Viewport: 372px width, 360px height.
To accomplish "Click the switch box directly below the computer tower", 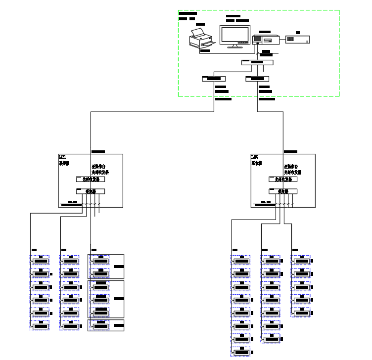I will pyautogui.click(x=257, y=62).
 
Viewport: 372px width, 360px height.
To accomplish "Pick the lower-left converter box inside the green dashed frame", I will pyautogui.click(x=214, y=78).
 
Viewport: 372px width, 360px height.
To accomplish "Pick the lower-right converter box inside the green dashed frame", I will pyautogui.click(x=257, y=78).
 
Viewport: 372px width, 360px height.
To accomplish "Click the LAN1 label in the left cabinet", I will pyautogui.click(x=62, y=157).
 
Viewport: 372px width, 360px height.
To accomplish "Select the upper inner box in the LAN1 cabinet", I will pyautogui.click(x=91, y=179).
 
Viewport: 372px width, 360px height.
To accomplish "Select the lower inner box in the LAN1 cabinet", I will pyautogui.click(x=91, y=191).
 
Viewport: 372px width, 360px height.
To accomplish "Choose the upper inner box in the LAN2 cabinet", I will pyautogui.click(x=283, y=179).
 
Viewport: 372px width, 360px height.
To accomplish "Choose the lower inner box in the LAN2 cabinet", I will pyautogui.click(x=283, y=191).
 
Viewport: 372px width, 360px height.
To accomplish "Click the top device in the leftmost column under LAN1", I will pyautogui.click(x=40, y=261).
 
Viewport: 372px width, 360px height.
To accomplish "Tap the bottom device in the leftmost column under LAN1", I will pyautogui.click(x=40, y=326).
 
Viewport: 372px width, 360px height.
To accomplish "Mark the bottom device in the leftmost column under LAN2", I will pyautogui.click(x=241, y=352).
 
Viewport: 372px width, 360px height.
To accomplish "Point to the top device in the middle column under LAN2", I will pyautogui.click(x=271, y=261).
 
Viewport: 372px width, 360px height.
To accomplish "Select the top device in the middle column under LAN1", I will pyautogui.click(x=70, y=261).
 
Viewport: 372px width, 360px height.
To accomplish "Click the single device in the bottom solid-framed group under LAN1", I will pyautogui.click(x=101, y=325).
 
